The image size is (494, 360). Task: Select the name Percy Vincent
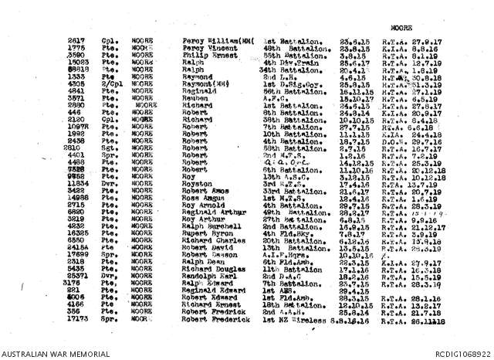[x=205, y=47]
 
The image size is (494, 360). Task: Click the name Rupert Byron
[x=204, y=233]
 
